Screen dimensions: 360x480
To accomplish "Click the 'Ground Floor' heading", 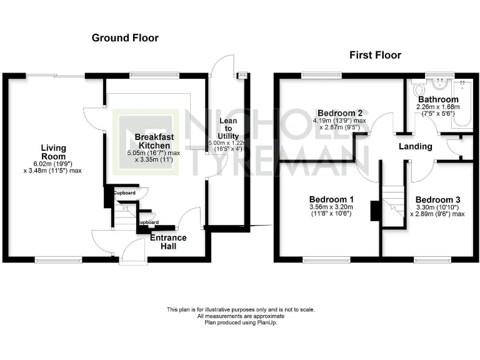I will coord(125,38).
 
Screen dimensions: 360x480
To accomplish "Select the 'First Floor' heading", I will coord(375,56).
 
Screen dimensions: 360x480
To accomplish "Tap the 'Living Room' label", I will coord(54,152).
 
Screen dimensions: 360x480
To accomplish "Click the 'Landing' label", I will coord(416,146).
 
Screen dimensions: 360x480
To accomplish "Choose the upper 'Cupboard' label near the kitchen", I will coord(124,193).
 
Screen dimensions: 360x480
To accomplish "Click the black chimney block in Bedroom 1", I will coord(374,211).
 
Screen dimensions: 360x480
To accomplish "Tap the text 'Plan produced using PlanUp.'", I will coord(240,322).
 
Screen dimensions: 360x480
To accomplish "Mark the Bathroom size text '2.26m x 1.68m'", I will coord(438,107).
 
